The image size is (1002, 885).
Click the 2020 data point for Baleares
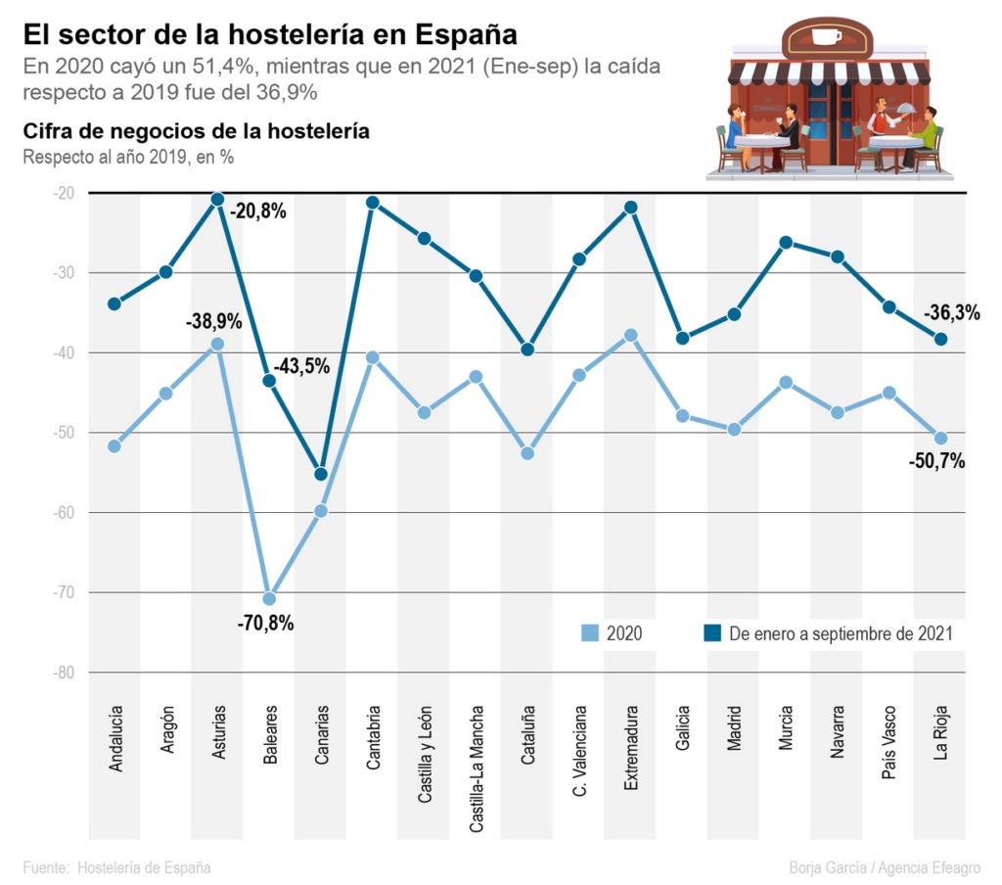pos(269,598)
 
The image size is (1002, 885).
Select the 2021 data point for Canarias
pos(321,474)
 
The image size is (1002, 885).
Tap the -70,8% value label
pos(265,623)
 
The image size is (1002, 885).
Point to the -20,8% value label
pos(258,210)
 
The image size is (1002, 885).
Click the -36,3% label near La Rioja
pos(951,313)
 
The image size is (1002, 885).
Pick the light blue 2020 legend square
pos(589,633)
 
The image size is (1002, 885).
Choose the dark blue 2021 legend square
pos(712,633)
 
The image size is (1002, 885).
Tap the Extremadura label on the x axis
pos(631,746)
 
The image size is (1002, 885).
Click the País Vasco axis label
pos(889,741)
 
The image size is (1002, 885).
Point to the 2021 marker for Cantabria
pos(373,203)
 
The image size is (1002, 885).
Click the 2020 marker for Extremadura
pos(631,335)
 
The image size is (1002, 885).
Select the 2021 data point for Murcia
pos(786,242)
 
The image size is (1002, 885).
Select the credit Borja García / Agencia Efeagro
pos(885,867)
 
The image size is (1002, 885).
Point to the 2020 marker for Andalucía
pos(114,445)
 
